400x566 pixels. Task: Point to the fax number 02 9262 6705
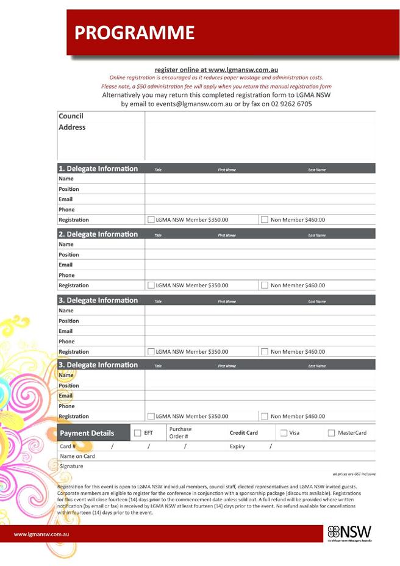(x=288, y=104)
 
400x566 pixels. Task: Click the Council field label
(x=71, y=116)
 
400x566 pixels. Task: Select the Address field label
(x=72, y=127)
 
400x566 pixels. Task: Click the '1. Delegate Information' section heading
(x=98, y=169)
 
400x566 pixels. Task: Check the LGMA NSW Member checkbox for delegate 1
(x=151, y=220)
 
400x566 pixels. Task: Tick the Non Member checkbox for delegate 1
(x=264, y=220)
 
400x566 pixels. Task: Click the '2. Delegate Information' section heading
(x=98, y=235)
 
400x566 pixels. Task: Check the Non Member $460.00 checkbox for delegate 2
(x=264, y=285)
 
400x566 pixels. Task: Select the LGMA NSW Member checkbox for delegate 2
(x=151, y=285)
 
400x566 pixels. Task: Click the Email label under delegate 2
(x=66, y=265)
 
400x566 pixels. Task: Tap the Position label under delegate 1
(x=69, y=189)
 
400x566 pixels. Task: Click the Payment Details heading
(x=87, y=434)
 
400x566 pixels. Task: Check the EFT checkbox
(x=137, y=434)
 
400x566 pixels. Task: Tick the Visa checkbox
(x=284, y=434)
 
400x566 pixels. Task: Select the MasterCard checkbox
(x=332, y=434)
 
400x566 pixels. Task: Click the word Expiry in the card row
(x=237, y=446)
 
